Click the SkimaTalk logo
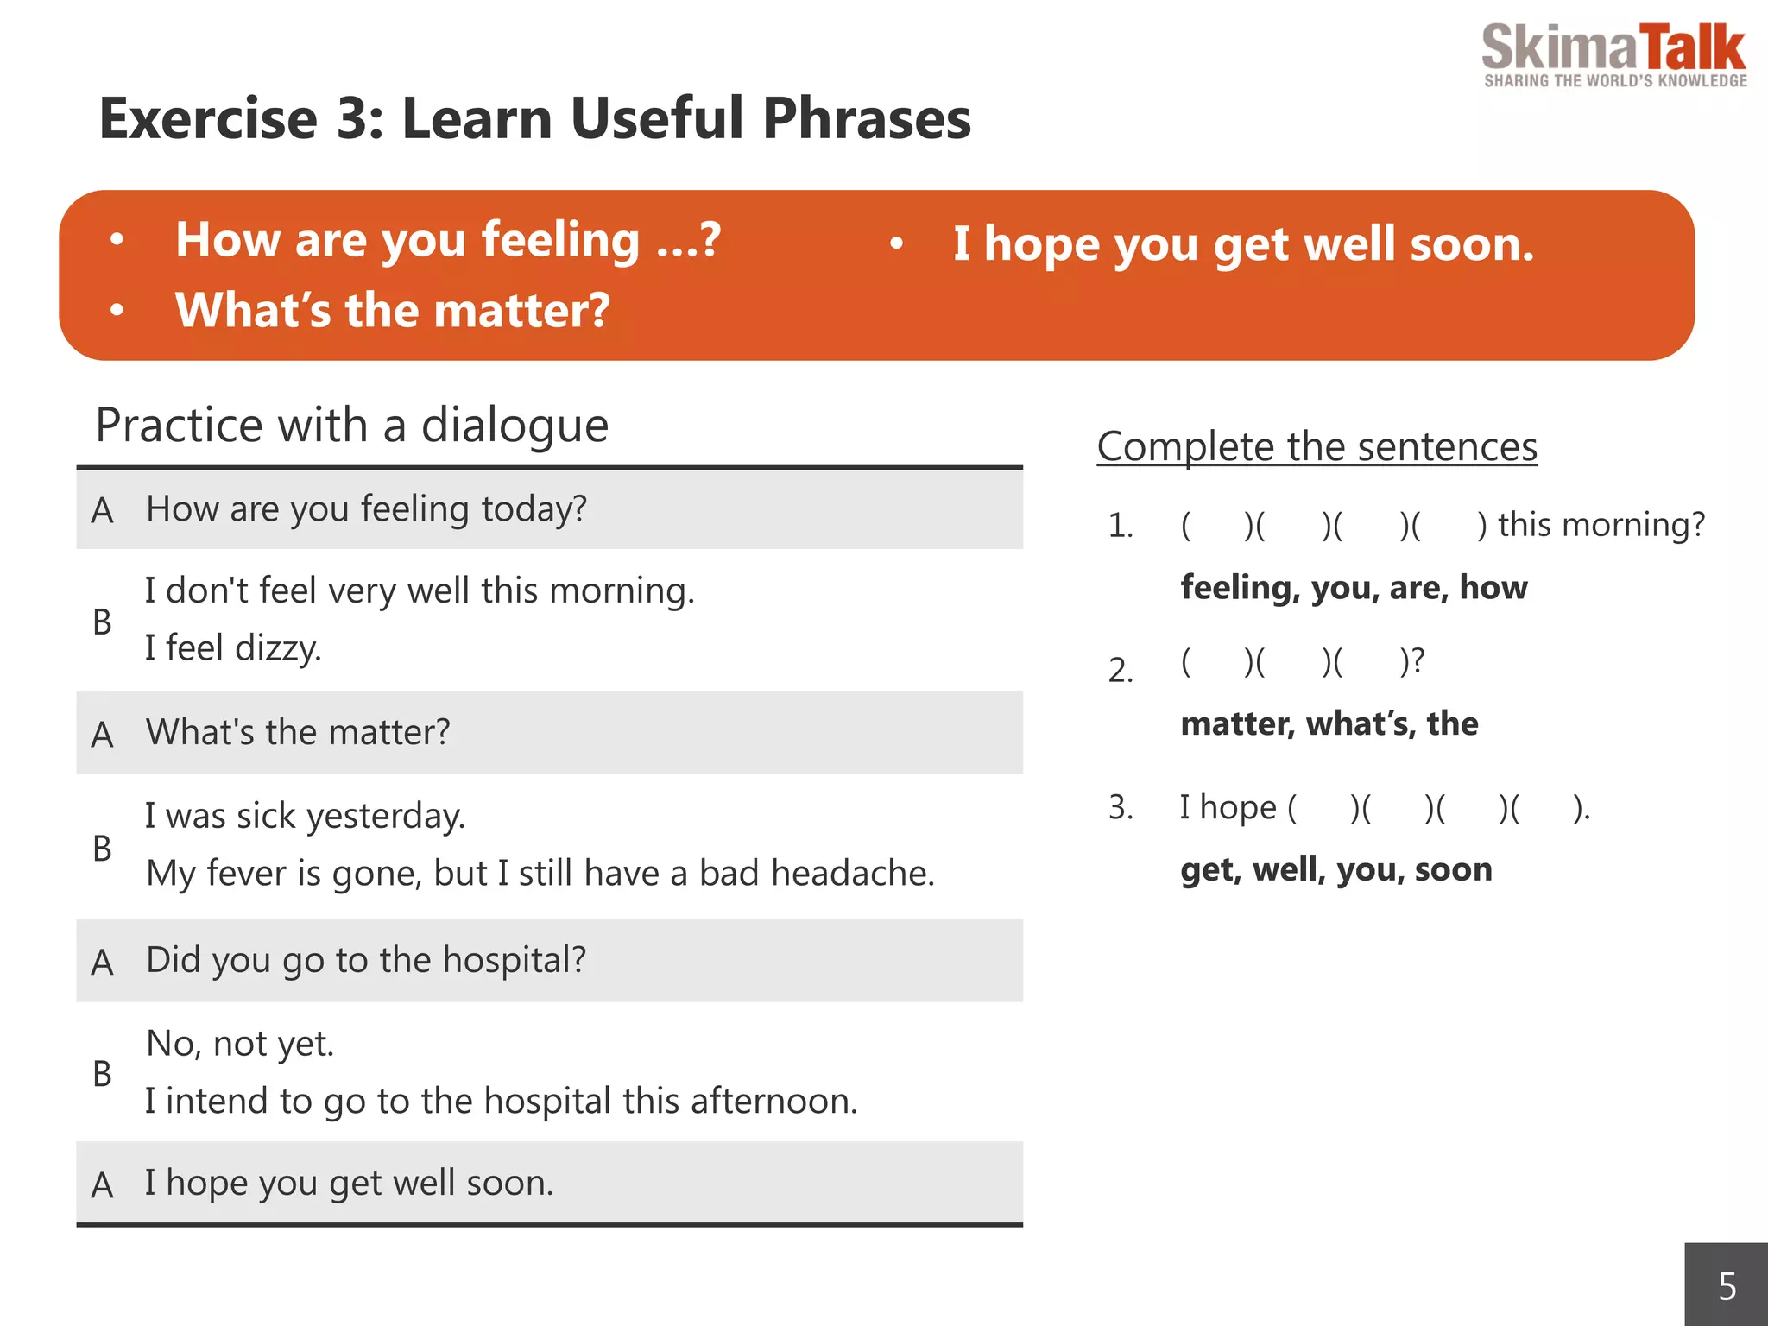coord(1613,54)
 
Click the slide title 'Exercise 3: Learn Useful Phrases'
coord(534,118)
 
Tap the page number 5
coord(1727,1286)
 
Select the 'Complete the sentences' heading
coord(1317,447)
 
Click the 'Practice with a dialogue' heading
coord(351,426)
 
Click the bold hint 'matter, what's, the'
coord(1329,723)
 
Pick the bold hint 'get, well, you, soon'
coord(1335,869)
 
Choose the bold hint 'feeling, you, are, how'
coord(1353,588)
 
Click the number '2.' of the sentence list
coord(1121,671)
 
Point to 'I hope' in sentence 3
coord(1228,808)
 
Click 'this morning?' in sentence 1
coord(1601,525)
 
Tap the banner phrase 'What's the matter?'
coord(392,311)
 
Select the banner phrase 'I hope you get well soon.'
coord(1243,244)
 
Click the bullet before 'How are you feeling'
coord(117,239)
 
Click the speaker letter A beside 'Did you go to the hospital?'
coord(102,962)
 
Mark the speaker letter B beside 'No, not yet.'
coord(102,1074)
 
